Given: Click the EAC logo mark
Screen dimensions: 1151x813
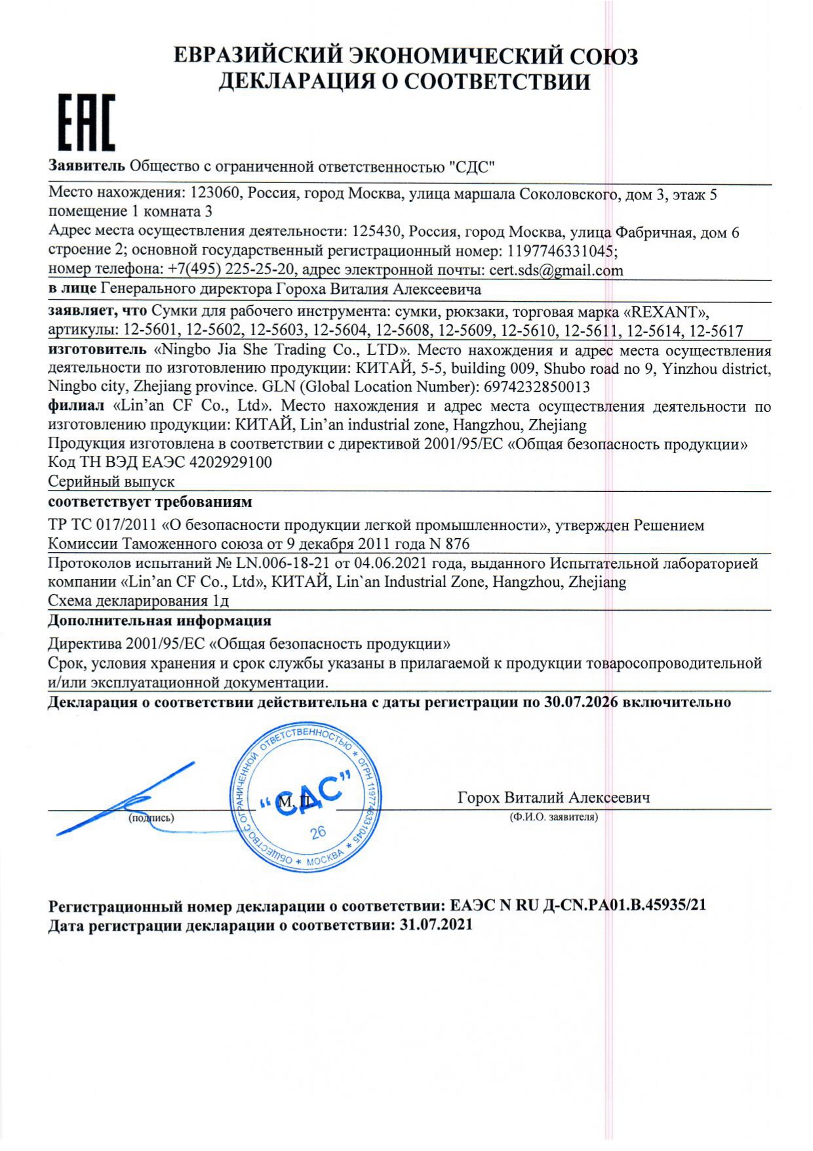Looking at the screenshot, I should click(86, 122).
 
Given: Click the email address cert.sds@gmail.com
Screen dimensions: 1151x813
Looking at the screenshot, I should click(556, 270).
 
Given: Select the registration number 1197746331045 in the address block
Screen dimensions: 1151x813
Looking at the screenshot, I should click(561, 251).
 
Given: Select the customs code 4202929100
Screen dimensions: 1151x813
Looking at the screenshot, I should click(230, 462).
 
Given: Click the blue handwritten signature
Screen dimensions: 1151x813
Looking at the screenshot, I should click(125, 799).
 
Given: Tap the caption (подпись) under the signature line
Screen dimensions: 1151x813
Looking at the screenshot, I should click(151, 818).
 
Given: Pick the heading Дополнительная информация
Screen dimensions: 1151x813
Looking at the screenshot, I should click(159, 620).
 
